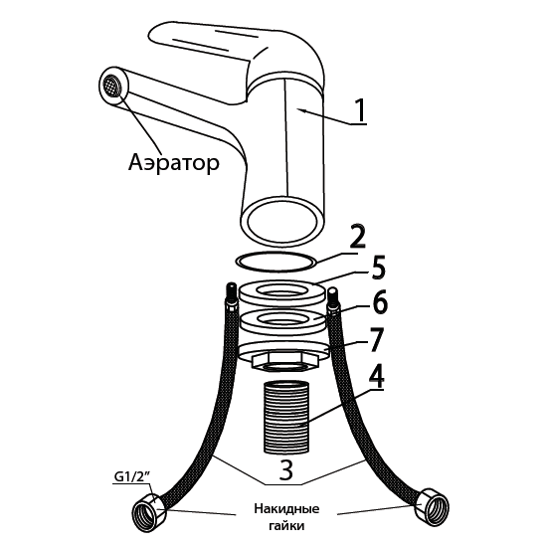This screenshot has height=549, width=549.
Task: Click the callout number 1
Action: pyautogui.click(x=361, y=110)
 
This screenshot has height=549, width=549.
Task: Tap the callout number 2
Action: pyautogui.click(x=357, y=238)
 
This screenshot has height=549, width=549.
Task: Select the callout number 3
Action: pyautogui.click(x=286, y=470)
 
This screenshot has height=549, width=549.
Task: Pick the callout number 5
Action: pyautogui.click(x=378, y=268)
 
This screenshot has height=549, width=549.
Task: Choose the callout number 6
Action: pyautogui.click(x=380, y=301)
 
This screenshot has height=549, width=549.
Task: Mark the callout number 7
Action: pyautogui.click(x=376, y=339)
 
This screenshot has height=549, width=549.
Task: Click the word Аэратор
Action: pyautogui.click(x=174, y=163)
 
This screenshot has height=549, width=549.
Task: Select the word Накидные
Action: pyautogui.click(x=286, y=508)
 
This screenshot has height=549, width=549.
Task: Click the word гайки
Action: pyautogui.click(x=286, y=525)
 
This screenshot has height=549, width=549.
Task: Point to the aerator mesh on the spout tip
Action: pyautogui.click(x=113, y=87)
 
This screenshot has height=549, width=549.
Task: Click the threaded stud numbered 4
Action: pyautogui.click(x=285, y=417)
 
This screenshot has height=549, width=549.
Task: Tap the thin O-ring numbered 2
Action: pyautogui.click(x=275, y=262)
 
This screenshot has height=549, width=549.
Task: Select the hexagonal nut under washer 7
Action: pyautogui.click(x=285, y=362)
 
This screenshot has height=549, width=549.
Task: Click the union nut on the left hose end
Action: pyautogui.click(x=149, y=510)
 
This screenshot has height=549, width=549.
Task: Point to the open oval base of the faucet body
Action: pyautogui.click(x=282, y=221)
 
